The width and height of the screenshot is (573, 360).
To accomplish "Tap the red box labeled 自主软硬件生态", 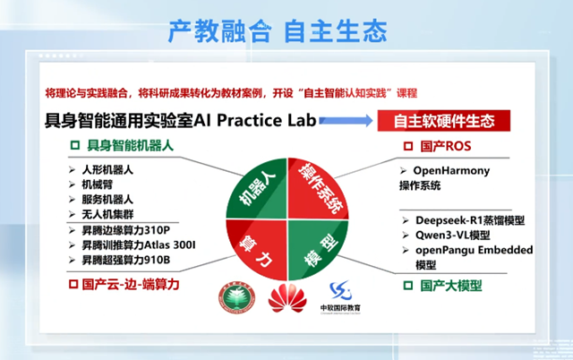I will click(444, 119).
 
